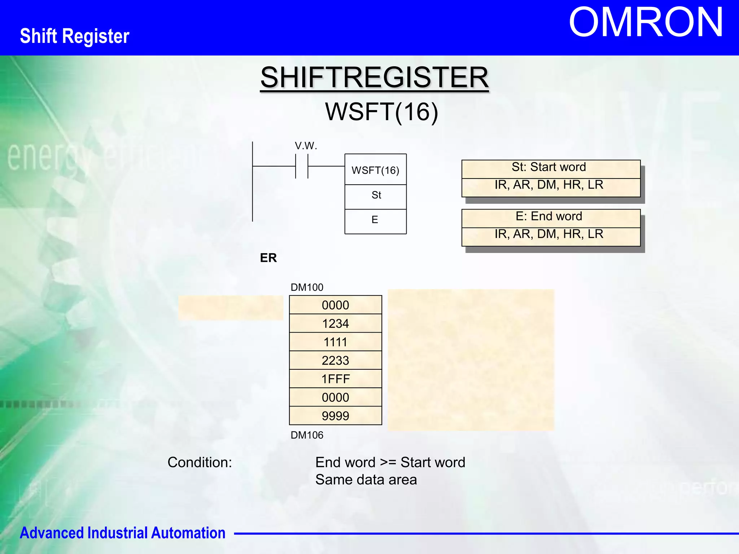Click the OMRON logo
click(646, 22)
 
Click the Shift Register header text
click(75, 36)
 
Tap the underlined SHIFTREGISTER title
click(374, 78)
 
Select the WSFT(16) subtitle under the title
click(381, 111)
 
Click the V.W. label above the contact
click(306, 146)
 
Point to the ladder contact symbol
click(302, 166)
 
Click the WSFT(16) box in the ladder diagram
click(375, 170)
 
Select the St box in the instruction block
click(376, 195)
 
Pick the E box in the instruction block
click(375, 220)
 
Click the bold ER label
click(268, 258)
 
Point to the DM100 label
click(307, 287)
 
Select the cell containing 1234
click(335, 324)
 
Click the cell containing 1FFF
click(335, 379)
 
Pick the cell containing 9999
click(335, 416)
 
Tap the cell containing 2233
click(335, 360)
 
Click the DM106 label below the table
click(307, 435)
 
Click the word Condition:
click(200, 462)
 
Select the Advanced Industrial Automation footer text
click(122, 533)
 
